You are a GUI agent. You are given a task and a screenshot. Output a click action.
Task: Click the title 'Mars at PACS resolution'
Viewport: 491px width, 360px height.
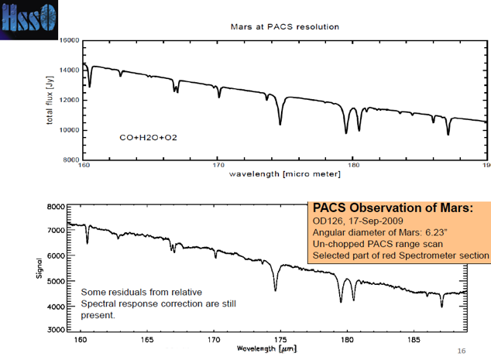pyautogui.click(x=285, y=26)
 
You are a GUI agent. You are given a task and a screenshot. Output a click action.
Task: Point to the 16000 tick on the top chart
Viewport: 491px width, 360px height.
pyautogui.click(x=70, y=39)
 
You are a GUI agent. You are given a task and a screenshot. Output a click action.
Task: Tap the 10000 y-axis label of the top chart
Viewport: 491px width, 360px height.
pyautogui.click(x=70, y=130)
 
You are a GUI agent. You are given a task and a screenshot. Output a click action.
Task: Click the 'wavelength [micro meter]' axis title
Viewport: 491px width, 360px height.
pyautogui.click(x=285, y=174)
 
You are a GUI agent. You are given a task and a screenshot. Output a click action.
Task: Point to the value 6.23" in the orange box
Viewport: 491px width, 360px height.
pyautogui.click(x=431, y=233)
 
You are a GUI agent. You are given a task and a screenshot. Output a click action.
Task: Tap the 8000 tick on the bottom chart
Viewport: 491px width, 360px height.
pyautogui.click(x=57, y=207)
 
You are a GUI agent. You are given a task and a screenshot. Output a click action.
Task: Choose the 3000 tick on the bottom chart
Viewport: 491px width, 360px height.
pyautogui.click(x=57, y=331)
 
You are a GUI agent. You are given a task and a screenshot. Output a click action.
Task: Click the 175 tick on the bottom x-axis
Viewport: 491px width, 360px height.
pyautogui.click(x=280, y=339)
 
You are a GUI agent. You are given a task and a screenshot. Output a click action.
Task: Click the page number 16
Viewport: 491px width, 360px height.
pyautogui.click(x=462, y=351)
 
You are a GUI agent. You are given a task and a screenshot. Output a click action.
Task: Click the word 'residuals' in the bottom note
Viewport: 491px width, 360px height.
pyautogui.click(x=132, y=291)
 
